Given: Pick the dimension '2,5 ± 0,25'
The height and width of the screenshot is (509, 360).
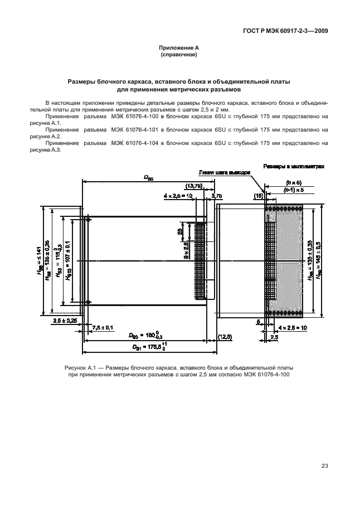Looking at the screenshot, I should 66,322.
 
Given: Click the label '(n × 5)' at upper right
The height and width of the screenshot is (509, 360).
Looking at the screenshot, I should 293,182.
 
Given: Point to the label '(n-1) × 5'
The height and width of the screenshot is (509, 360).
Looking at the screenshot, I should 293,190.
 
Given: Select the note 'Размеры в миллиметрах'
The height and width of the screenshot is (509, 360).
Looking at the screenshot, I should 294,166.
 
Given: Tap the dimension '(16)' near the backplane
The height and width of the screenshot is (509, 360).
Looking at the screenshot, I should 259,196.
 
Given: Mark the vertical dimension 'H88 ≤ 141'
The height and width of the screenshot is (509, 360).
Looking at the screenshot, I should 40,260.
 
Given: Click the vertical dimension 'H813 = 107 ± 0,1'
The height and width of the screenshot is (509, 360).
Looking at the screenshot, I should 66,260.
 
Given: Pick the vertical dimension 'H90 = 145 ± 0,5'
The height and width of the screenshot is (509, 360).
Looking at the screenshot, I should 319,260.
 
